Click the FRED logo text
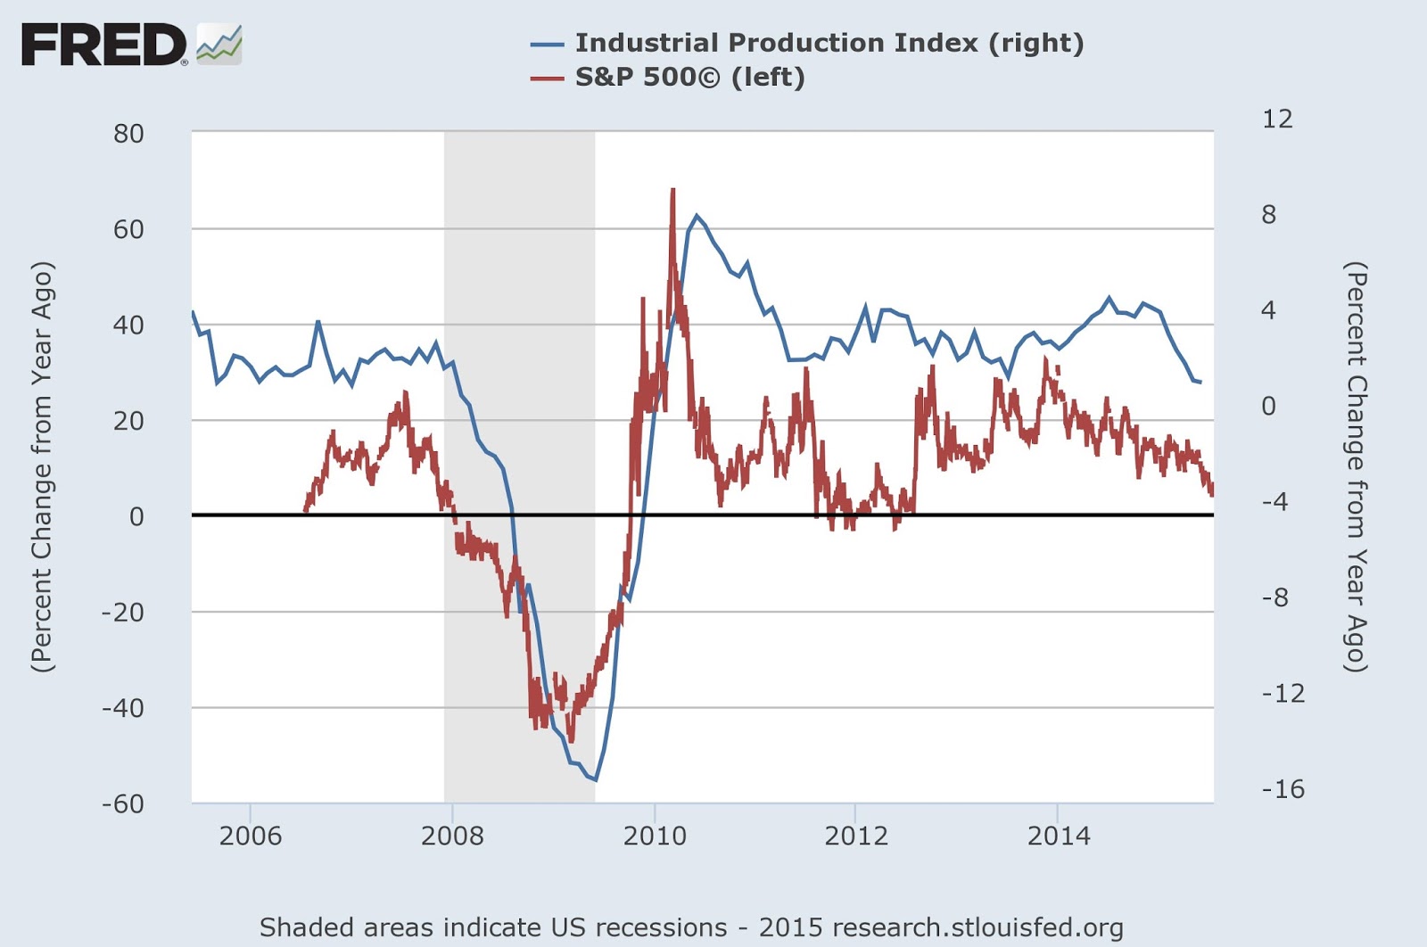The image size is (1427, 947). coord(103,45)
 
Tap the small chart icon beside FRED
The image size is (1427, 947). coord(219,45)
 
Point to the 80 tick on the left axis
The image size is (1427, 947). coord(128,134)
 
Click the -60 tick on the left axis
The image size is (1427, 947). coord(123,803)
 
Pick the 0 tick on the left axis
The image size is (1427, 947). coord(136,516)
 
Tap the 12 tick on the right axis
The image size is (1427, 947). coord(1277,119)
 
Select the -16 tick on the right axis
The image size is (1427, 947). coord(1283,788)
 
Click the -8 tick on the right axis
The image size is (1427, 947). coord(1274,597)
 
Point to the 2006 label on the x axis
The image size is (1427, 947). coord(251,836)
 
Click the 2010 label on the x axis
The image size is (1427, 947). coord(655,836)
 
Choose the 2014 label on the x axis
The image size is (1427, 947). coord(1059,836)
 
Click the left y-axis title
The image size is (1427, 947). coord(42,466)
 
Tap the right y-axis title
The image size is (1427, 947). coord(1356,466)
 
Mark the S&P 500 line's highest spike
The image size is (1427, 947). coord(672,190)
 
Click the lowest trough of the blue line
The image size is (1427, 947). coord(595,780)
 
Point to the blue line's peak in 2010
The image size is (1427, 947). coord(697,215)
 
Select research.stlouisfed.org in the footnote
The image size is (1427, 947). coord(986,927)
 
